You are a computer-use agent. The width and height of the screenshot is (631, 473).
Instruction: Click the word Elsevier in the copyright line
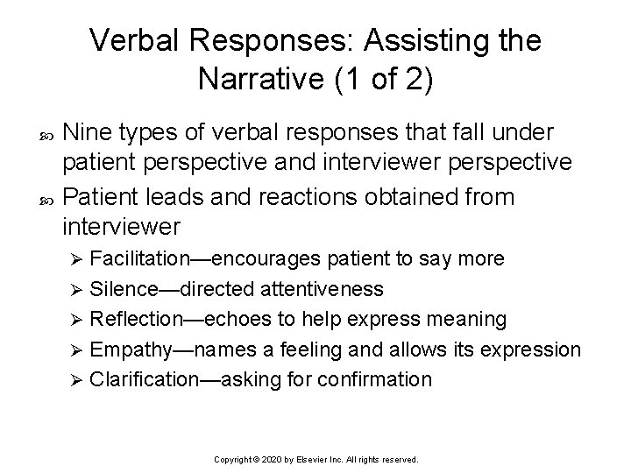314,458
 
